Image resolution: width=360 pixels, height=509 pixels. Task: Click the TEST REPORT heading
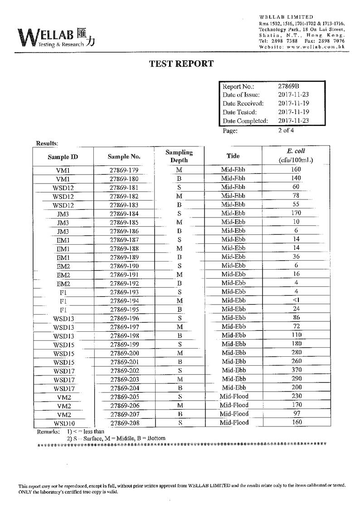tap(181, 64)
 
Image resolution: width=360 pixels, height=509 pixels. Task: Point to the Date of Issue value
tap(293, 95)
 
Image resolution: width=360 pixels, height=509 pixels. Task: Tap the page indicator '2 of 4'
tap(286, 131)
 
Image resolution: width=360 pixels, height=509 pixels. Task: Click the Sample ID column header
tap(62, 157)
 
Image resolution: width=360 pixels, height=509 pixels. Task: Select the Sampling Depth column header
tap(179, 156)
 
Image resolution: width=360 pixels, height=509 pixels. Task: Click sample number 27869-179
tap(124, 170)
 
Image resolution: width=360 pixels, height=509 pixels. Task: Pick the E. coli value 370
tap(296, 370)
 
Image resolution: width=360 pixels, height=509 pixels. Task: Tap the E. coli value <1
tap(296, 300)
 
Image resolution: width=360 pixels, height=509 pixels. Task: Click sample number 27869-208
tap(124, 423)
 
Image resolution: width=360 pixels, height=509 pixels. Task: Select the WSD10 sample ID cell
tap(63, 423)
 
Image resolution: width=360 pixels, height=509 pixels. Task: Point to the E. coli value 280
tap(296, 353)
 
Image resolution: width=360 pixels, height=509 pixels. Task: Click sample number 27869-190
tap(124, 266)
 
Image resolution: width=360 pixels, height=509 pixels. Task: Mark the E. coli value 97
tap(296, 414)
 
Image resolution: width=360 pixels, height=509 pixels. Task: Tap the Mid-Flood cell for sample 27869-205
tap(234, 396)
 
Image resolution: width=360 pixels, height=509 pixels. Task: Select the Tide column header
tap(233, 156)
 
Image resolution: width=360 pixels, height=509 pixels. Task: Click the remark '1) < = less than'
tap(86, 431)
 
